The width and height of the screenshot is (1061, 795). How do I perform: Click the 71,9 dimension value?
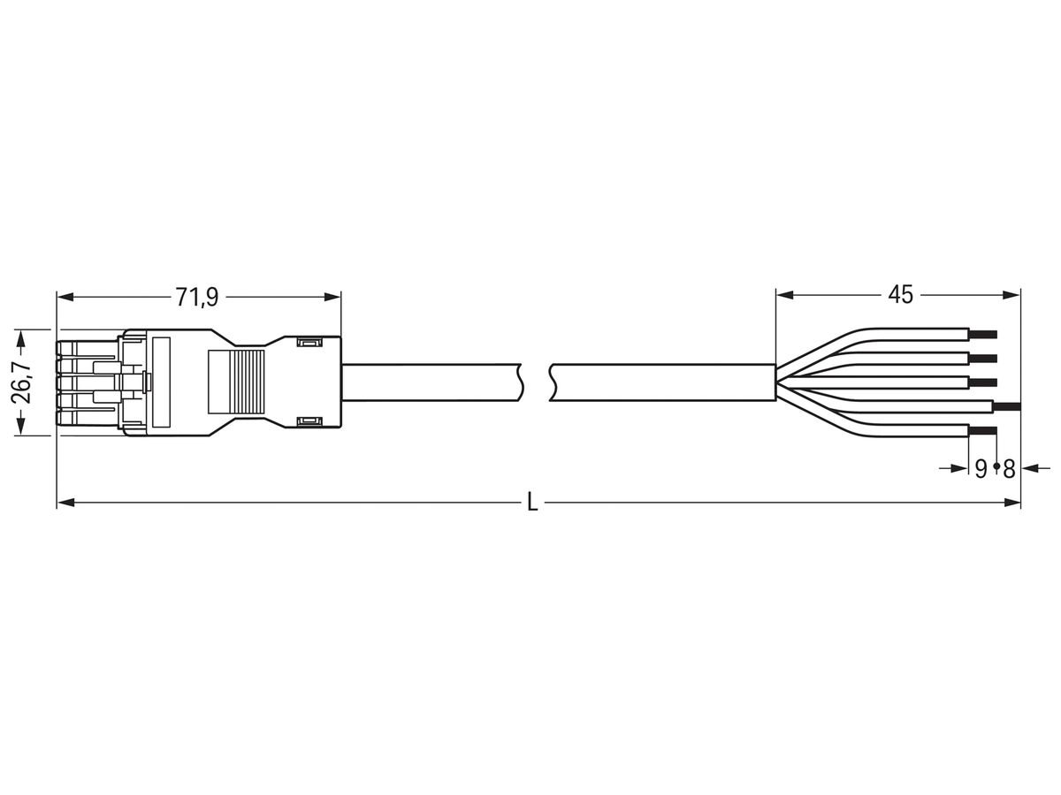coord(196,297)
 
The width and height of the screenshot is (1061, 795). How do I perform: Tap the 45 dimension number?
coord(900,295)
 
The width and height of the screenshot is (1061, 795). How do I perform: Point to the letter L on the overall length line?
coord(531,503)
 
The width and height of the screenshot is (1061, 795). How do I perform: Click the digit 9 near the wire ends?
coord(981,469)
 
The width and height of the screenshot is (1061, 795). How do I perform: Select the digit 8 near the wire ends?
coord(1009,469)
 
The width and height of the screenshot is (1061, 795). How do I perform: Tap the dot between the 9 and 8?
coord(996,466)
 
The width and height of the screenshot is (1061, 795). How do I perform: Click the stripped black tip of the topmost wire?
coord(984,334)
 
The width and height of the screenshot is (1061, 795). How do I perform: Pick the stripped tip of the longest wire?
coord(1008,406)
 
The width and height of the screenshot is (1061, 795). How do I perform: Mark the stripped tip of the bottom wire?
coord(984,430)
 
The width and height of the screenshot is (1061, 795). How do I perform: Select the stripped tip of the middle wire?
coord(984,382)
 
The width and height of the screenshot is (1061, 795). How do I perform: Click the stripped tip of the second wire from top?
coord(984,358)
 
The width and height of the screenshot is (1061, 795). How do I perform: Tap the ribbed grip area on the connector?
coord(236,382)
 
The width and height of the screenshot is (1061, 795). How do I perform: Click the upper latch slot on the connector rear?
coord(309,342)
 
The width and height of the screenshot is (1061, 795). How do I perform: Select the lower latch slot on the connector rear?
coord(309,423)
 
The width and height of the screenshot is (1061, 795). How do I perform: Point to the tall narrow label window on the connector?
coord(161,382)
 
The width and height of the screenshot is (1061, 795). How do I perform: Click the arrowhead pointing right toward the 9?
coord(962,468)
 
